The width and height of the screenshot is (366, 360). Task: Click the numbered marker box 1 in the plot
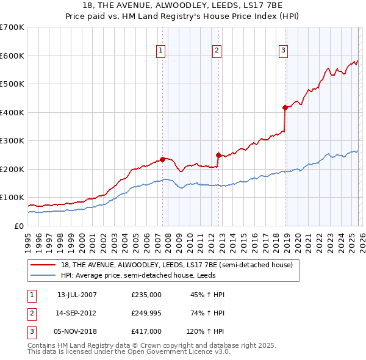(x=160, y=51)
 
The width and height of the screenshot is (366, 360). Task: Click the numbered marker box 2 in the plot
(x=217, y=51)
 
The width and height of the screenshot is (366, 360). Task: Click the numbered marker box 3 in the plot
(x=284, y=51)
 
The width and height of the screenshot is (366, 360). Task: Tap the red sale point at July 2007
(x=162, y=159)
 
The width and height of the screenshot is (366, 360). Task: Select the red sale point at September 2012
(x=218, y=155)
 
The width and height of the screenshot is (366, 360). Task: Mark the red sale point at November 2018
(x=285, y=108)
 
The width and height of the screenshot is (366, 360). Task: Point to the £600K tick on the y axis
(x=13, y=56)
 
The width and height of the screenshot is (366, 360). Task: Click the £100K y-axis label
(x=13, y=198)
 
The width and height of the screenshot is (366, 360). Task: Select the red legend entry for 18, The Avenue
(x=177, y=265)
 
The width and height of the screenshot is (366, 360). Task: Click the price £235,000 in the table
(x=146, y=295)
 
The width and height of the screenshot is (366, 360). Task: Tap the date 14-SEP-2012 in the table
(x=77, y=313)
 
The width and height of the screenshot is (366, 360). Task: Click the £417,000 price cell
(x=146, y=331)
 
